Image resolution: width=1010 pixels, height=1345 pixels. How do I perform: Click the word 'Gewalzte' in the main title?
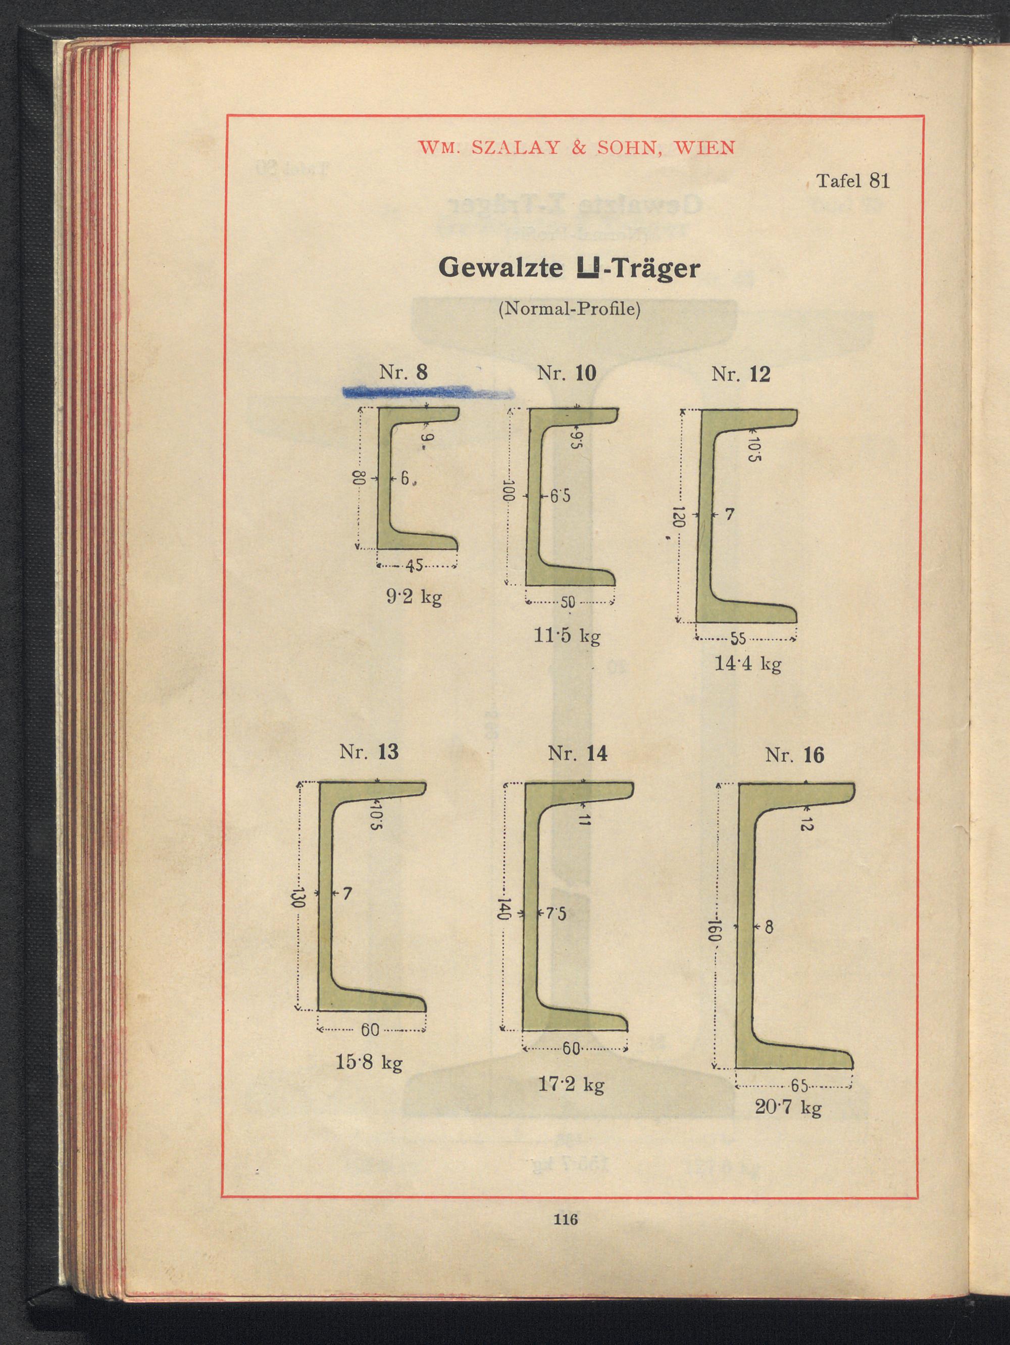click(x=500, y=269)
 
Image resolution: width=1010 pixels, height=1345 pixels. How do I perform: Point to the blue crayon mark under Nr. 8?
click(x=427, y=393)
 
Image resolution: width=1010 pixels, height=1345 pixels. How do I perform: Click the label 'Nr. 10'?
click(x=567, y=373)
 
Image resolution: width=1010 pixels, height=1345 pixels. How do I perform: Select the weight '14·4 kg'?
click(x=747, y=663)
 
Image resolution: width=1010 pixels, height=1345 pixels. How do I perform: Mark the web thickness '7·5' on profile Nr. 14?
click(x=555, y=914)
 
